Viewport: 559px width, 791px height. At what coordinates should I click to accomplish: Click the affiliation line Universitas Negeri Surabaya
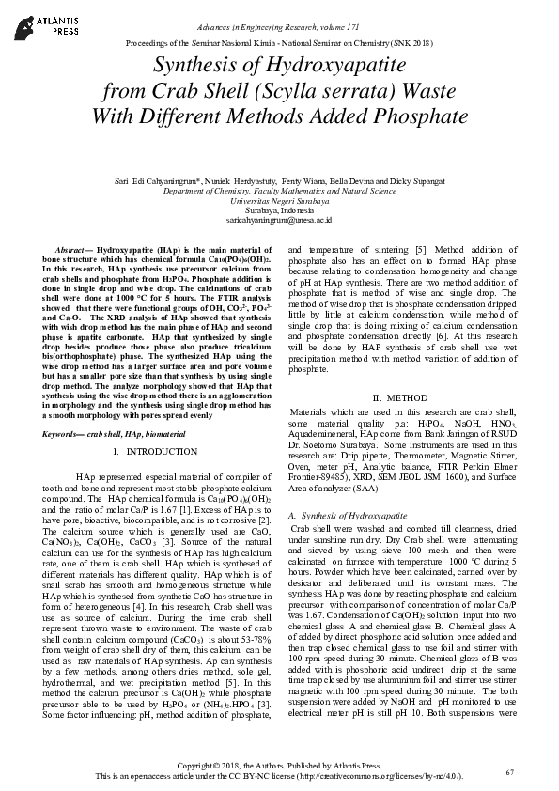279,200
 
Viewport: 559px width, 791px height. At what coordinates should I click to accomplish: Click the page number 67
510,772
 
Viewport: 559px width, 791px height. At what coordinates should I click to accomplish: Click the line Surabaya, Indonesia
279,209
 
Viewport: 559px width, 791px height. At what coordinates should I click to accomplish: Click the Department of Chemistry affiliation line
279,190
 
